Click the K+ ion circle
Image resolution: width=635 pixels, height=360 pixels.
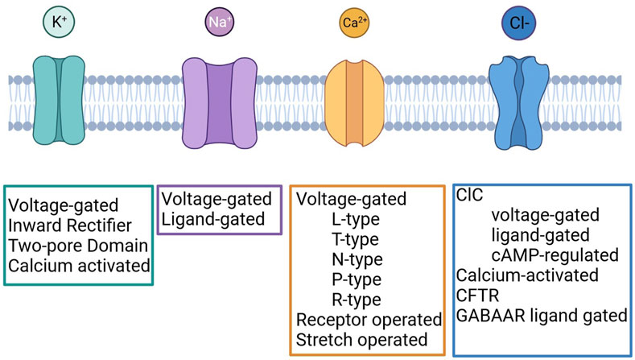(x=58, y=23)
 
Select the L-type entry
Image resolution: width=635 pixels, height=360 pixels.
(x=356, y=218)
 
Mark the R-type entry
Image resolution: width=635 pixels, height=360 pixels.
(x=357, y=299)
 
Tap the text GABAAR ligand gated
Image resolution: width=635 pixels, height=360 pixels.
(x=541, y=316)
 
